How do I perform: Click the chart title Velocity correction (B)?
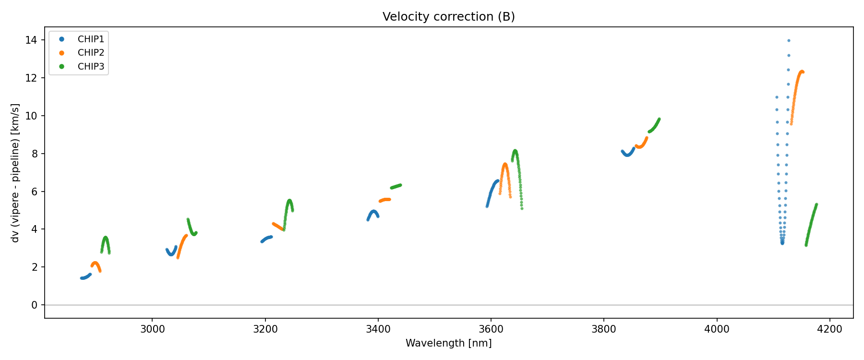tap(448, 17)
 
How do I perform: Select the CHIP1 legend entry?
tap(91, 39)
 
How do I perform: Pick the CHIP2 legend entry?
tap(91, 53)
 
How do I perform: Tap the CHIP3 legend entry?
tap(91, 67)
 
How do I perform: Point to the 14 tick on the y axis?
tap(31, 40)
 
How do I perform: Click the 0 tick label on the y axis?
tap(34, 305)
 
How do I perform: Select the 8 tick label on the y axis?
tap(34, 154)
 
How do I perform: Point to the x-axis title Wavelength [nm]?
tap(448, 343)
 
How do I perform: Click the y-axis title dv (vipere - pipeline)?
tap(15, 173)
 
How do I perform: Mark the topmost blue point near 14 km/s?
tap(789, 41)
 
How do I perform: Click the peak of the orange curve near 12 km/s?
tap(801, 72)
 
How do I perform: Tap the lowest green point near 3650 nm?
tap(522, 208)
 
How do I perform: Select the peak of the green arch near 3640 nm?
tap(515, 151)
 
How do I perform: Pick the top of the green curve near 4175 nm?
tap(816, 204)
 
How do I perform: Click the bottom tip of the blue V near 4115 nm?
tap(782, 243)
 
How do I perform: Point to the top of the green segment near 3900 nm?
tap(659, 119)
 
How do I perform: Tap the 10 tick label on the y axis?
tap(31, 116)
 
